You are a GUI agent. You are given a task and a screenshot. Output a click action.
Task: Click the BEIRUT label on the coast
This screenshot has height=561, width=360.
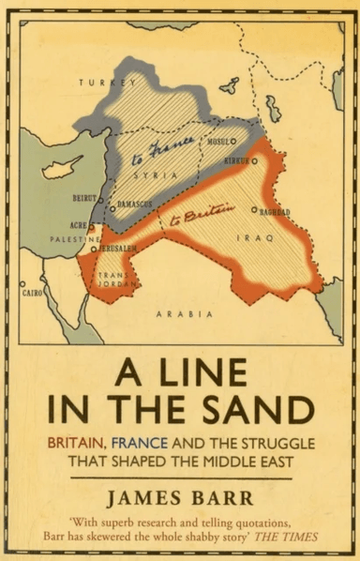coord(84,199)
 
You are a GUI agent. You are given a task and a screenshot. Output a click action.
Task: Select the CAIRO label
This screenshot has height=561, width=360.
coord(33,293)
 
